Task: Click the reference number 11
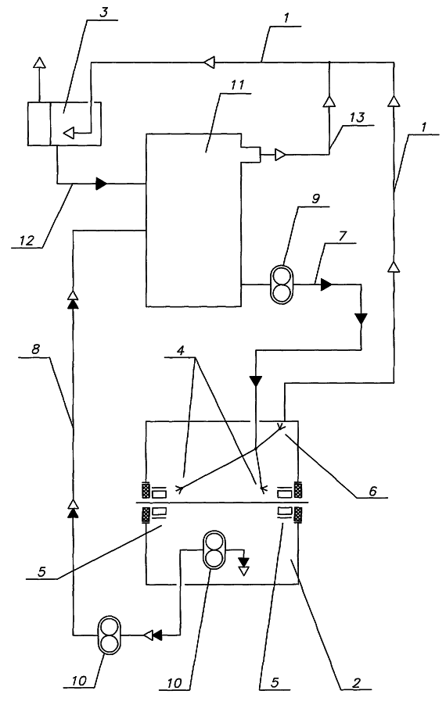[x=238, y=84]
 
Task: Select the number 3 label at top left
[x=104, y=13]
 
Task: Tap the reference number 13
[x=357, y=118]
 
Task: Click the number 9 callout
[x=315, y=199]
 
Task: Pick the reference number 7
[x=343, y=236]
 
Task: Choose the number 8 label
[x=36, y=349]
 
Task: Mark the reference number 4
[x=181, y=350]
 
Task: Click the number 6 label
[x=372, y=491]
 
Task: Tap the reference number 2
[x=356, y=683]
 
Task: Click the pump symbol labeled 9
[x=281, y=285]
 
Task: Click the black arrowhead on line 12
[x=101, y=184]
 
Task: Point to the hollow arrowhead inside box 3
[x=69, y=133]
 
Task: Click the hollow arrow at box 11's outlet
[x=280, y=155]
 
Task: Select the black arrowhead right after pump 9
[x=326, y=285]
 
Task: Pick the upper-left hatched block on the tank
[x=146, y=489]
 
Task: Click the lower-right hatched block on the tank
[x=297, y=515]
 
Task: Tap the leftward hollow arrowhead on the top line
[x=209, y=61]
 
